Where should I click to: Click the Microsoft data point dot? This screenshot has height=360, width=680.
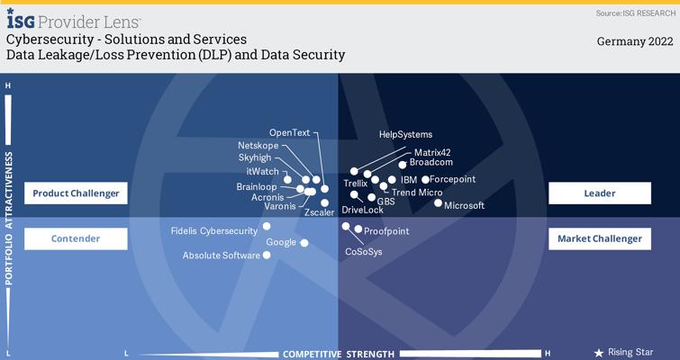coord(438,202)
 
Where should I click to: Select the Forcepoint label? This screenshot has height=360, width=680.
coord(452,179)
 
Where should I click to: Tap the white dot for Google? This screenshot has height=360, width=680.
coord(304,243)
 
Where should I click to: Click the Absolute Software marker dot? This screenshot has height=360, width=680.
coord(267,256)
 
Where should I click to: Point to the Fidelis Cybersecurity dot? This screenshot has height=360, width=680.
coord(267,226)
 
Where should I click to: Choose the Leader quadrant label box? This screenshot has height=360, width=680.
coord(600,193)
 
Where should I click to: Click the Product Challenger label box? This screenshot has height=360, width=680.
coord(76,193)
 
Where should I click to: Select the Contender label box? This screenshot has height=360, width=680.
coord(76,238)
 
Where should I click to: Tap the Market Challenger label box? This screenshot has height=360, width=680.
coord(600,238)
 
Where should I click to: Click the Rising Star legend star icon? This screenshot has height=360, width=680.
coord(599,353)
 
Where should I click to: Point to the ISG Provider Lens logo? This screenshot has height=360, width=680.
coord(74,20)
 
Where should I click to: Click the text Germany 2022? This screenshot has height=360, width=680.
coord(635,41)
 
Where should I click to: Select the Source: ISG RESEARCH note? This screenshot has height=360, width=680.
coord(635,13)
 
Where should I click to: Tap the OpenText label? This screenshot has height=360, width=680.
coord(290,133)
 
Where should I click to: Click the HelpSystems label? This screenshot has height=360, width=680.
coord(405,135)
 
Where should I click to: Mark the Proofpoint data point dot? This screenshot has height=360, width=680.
coord(358,229)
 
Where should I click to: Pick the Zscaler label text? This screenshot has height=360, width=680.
coord(319,212)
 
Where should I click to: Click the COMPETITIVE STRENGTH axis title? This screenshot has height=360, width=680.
coord(339,355)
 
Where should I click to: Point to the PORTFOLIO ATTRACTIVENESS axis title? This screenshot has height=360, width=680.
coord(9,219)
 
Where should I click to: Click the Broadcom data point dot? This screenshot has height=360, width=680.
coord(403,165)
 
